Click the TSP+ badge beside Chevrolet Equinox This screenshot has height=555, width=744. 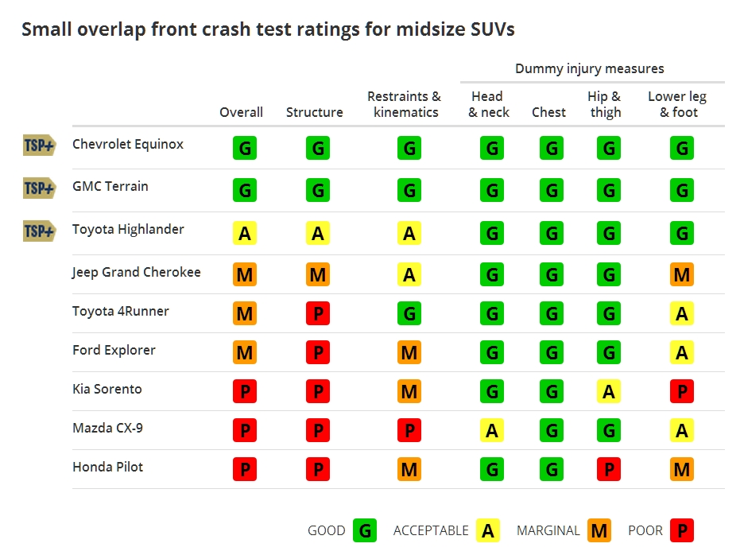tap(39, 145)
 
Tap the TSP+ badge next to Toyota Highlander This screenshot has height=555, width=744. tap(39, 231)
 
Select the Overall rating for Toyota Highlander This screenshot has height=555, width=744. tap(245, 233)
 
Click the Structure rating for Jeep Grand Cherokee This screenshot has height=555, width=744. tap(318, 274)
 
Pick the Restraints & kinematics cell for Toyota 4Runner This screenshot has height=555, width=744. tap(409, 313)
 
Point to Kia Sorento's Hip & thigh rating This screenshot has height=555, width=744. tap(609, 391)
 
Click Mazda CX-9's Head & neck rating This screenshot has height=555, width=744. tap(492, 430)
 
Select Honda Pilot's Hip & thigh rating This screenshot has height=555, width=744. tap(609, 469)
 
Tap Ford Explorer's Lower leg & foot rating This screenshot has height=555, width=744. tap(681, 352)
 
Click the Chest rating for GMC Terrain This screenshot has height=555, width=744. tap(550, 190)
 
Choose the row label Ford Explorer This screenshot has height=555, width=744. tap(114, 350)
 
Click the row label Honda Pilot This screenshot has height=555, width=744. tap(108, 467)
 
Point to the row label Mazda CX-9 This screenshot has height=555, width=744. tap(107, 428)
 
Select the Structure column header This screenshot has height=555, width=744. tap(315, 112)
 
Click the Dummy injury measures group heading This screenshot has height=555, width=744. tap(589, 68)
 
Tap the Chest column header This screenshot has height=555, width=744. tap(549, 112)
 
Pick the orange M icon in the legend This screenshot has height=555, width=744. tap(599, 530)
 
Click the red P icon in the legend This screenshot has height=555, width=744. tap(681, 530)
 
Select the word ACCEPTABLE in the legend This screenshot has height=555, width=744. tap(431, 530)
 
